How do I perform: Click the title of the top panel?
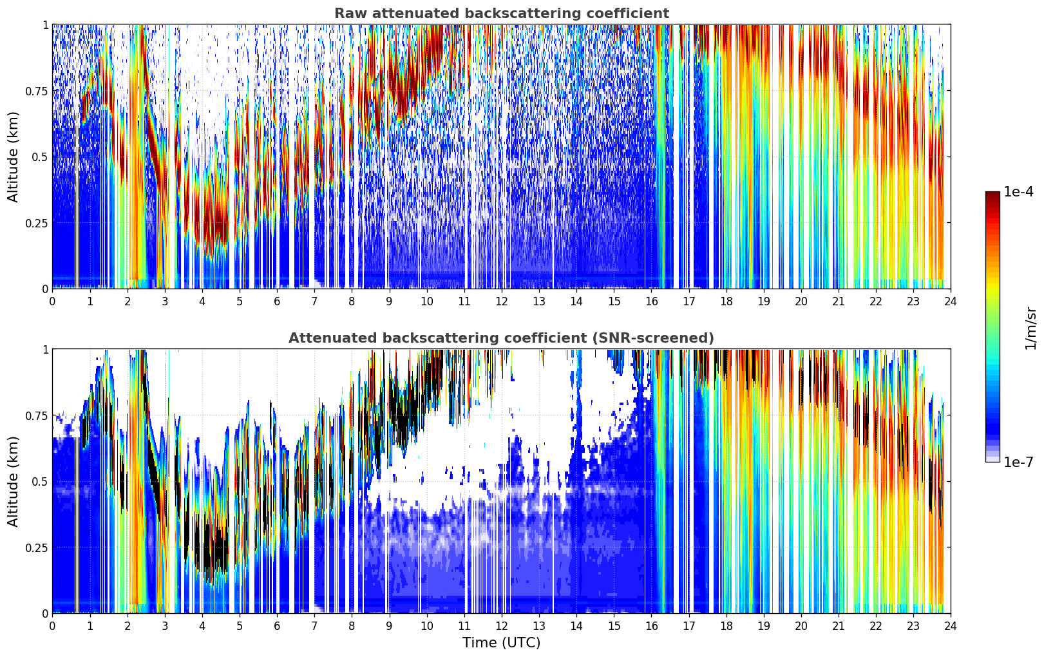pos(501,14)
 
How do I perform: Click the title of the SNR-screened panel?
pos(501,338)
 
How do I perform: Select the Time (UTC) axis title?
pos(501,643)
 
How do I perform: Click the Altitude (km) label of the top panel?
pos(14,157)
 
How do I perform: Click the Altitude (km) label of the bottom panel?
pos(14,481)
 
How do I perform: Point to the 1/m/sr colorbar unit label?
pos(1030,328)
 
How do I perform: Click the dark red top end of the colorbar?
pos(992,195)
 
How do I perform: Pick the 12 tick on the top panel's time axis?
pos(502,301)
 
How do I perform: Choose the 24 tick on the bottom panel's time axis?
pos(951,626)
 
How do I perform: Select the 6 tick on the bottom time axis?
pos(277,626)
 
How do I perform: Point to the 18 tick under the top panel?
pos(726,301)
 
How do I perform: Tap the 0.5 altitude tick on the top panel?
pos(39,157)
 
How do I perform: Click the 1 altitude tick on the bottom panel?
pos(45,349)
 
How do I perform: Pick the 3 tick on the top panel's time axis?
pos(165,301)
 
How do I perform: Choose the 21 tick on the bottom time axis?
pos(839,626)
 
